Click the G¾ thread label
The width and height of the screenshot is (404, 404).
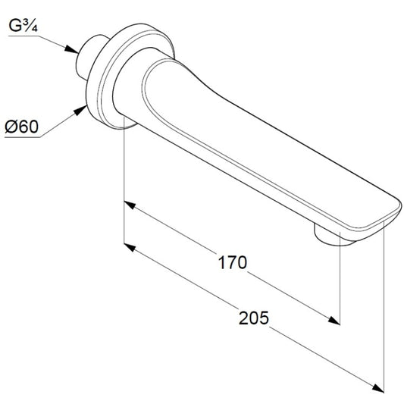pyautogui.click(x=23, y=26)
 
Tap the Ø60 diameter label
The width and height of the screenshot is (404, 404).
pyautogui.click(x=22, y=127)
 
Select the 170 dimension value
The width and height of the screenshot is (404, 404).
pyautogui.click(x=233, y=262)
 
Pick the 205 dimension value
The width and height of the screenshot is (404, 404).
pyautogui.click(x=253, y=318)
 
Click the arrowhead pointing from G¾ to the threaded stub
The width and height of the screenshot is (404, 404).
pyautogui.click(x=71, y=49)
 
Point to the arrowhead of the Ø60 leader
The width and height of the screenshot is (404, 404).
pyautogui.click(x=80, y=110)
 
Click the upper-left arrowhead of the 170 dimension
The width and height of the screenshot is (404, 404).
pyautogui.click(x=130, y=205)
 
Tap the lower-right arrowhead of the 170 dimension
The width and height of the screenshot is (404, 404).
pyautogui.click(x=334, y=321)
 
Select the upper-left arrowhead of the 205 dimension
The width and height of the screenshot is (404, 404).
pyautogui.click(x=130, y=247)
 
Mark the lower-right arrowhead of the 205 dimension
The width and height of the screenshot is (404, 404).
pyautogui.click(x=378, y=388)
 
